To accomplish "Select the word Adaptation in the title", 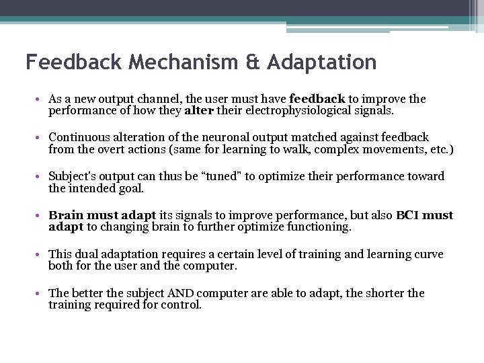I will pyautogui.click(x=321, y=63).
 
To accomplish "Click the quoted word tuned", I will pyautogui.click(x=227, y=176).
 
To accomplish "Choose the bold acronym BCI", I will pyautogui.click(x=409, y=215).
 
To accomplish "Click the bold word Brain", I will pyautogui.click(x=65, y=215).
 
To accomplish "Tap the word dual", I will pyautogui.click(x=83, y=254).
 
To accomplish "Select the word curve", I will pyautogui.click(x=429, y=254).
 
